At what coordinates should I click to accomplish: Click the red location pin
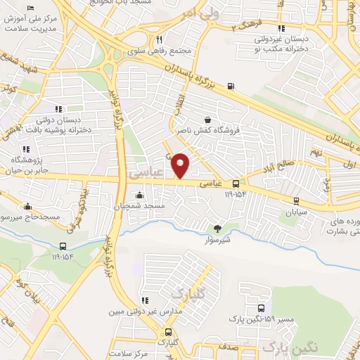pyautogui.click(x=181, y=165)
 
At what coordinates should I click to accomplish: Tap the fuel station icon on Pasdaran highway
pyautogui.click(x=231, y=88)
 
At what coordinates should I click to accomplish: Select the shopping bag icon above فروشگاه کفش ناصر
pyautogui.click(x=207, y=120)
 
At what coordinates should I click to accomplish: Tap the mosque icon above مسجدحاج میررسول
pyautogui.click(x=27, y=207)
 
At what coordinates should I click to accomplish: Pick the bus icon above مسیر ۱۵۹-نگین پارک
pyautogui.click(x=262, y=308)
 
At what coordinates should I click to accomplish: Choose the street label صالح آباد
pyautogui.click(x=292, y=168)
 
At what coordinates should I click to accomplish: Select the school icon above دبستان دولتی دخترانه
pyautogui.click(x=58, y=108)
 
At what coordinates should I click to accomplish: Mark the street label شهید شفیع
pyautogui.click(x=19, y=71)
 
